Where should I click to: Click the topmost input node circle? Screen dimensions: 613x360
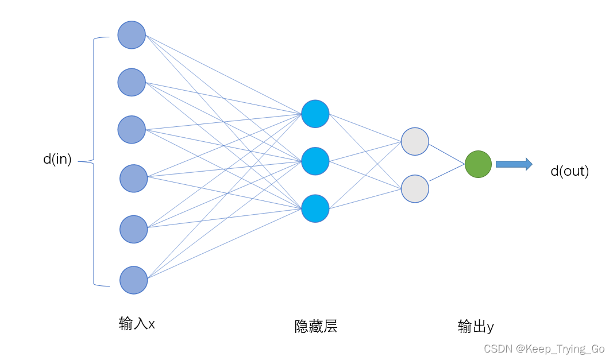(x=132, y=35)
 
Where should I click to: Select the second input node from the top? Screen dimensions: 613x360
(x=132, y=82)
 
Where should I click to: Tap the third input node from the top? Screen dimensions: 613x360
(x=132, y=129)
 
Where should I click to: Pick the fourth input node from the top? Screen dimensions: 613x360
(x=133, y=179)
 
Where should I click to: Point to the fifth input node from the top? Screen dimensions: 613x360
(x=133, y=229)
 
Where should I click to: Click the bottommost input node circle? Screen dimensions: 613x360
(x=133, y=280)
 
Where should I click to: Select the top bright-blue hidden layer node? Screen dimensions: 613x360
(x=315, y=114)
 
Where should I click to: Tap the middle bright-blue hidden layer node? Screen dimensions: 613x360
(x=315, y=161)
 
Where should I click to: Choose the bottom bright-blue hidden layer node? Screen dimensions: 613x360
(x=315, y=208)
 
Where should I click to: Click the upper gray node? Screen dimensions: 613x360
(x=415, y=141)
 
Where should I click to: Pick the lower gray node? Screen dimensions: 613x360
(x=415, y=189)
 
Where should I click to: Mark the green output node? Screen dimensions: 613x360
(x=478, y=164)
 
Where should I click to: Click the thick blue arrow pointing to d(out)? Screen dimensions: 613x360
(x=514, y=164)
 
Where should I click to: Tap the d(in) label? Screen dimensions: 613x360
(x=57, y=160)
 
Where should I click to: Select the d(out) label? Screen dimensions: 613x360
(x=569, y=171)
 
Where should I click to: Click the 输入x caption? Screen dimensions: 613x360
(x=137, y=324)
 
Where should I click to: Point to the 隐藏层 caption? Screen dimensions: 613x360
(x=316, y=327)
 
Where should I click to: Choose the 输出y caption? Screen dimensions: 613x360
(x=476, y=327)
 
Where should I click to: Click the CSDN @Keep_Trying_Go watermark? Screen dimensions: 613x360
(x=543, y=349)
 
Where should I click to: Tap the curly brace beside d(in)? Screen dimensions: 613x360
(x=94, y=161)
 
